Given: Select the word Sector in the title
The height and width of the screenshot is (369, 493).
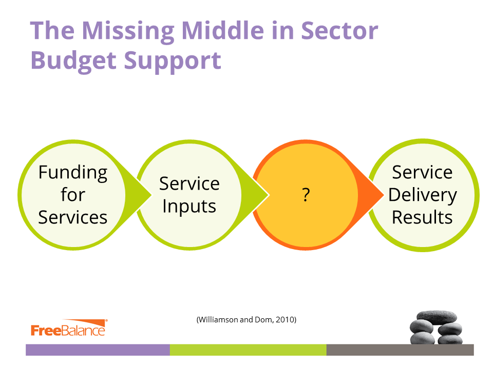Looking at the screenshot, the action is pos(339,31).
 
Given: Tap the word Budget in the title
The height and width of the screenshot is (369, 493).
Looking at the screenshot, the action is pos(73,61).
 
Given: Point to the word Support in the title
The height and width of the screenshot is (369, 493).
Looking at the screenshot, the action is pos(173,61).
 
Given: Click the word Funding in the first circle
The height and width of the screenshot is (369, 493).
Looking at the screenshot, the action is pos(73,173).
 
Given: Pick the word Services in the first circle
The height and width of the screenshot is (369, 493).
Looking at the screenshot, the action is pos(72,217).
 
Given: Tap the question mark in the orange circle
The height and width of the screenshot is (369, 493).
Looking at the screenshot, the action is pos(306,195).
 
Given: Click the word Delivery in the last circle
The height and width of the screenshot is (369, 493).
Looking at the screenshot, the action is pos(423,195).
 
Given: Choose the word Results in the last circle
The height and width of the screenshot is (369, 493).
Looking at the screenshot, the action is pos(422,217).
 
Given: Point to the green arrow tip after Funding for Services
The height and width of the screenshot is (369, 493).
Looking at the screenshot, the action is pos(151,195).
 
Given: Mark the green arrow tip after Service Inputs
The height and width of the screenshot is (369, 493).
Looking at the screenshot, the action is pos(268,195).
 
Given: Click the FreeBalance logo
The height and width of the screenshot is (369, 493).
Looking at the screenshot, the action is pos(69,328).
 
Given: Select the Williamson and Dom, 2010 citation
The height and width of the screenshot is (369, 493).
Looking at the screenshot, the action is pos(246,320).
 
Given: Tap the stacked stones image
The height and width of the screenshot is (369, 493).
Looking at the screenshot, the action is pos(436,327).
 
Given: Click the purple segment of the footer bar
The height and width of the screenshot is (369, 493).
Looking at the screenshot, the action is pos(98,350).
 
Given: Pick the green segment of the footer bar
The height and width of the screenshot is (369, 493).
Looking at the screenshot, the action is pos(248,350).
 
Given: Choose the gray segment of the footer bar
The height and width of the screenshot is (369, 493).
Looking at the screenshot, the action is pos(400,350).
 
